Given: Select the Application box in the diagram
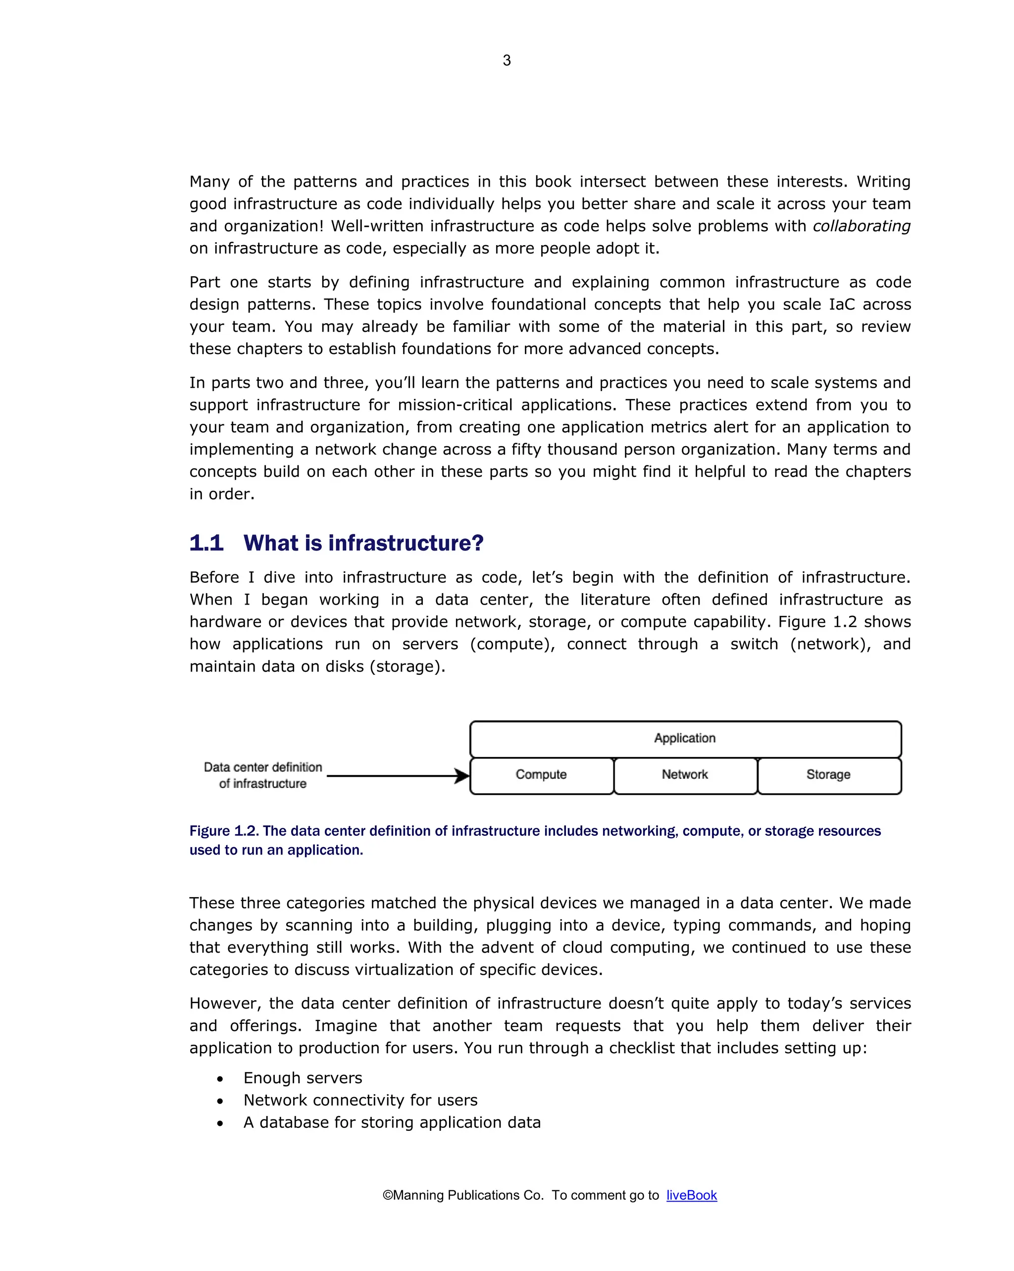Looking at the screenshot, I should click(x=685, y=739).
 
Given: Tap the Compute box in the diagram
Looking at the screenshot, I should click(x=541, y=775).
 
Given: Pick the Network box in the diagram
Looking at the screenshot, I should click(x=685, y=775).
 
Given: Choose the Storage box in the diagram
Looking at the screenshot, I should click(x=828, y=775).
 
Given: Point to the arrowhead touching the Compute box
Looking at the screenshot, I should click(x=462, y=776).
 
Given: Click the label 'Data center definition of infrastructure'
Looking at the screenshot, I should click(x=263, y=775).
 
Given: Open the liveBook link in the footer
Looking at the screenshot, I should click(x=692, y=1195).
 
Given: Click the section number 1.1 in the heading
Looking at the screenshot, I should click(x=206, y=543).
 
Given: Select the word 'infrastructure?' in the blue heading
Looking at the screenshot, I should click(x=406, y=543).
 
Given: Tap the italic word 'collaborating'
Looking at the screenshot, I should click(x=862, y=226).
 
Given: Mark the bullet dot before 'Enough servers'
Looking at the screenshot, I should click(x=220, y=1079).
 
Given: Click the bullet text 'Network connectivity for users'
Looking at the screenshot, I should click(x=360, y=1100).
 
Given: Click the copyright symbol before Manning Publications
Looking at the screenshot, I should click(x=387, y=1195).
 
